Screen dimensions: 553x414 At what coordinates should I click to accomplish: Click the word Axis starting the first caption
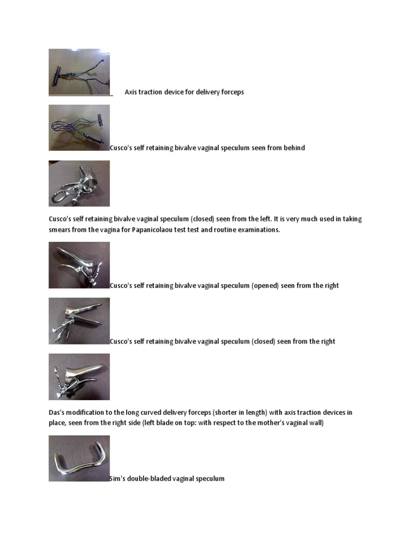[x=131, y=92]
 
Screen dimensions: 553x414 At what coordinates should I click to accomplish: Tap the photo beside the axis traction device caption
[x=79, y=72]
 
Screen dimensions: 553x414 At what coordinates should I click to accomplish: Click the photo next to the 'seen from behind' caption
[x=79, y=127]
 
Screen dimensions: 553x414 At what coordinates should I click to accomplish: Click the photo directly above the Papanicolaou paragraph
[x=79, y=183]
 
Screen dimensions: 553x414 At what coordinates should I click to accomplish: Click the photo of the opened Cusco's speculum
[x=79, y=265]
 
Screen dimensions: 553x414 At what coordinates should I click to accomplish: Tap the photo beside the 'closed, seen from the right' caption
[x=79, y=321]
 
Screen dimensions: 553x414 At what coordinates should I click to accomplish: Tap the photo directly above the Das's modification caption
[x=79, y=376]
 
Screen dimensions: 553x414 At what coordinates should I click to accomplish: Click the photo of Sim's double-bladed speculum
[x=79, y=458]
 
